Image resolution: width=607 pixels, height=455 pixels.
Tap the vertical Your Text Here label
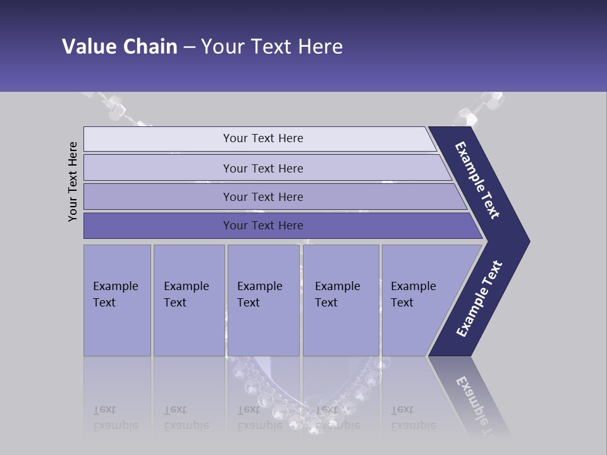click(73, 182)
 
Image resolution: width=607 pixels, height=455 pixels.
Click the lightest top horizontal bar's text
click(263, 138)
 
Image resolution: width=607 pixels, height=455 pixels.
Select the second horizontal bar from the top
click(263, 168)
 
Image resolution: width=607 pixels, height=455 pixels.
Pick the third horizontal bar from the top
click(263, 197)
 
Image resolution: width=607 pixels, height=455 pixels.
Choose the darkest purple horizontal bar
click(263, 226)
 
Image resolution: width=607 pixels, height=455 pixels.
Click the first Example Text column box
click(117, 300)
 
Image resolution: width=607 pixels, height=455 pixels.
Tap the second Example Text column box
click(188, 300)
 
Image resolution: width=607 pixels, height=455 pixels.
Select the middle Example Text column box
click(263, 300)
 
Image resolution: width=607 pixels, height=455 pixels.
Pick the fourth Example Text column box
click(340, 300)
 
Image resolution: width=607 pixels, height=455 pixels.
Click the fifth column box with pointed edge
click(417, 300)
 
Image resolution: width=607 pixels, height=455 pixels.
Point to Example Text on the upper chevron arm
click(478, 181)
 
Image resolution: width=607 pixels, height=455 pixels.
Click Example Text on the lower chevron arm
click(479, 299)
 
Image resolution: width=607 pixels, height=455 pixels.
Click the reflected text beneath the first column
click(116, 418)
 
